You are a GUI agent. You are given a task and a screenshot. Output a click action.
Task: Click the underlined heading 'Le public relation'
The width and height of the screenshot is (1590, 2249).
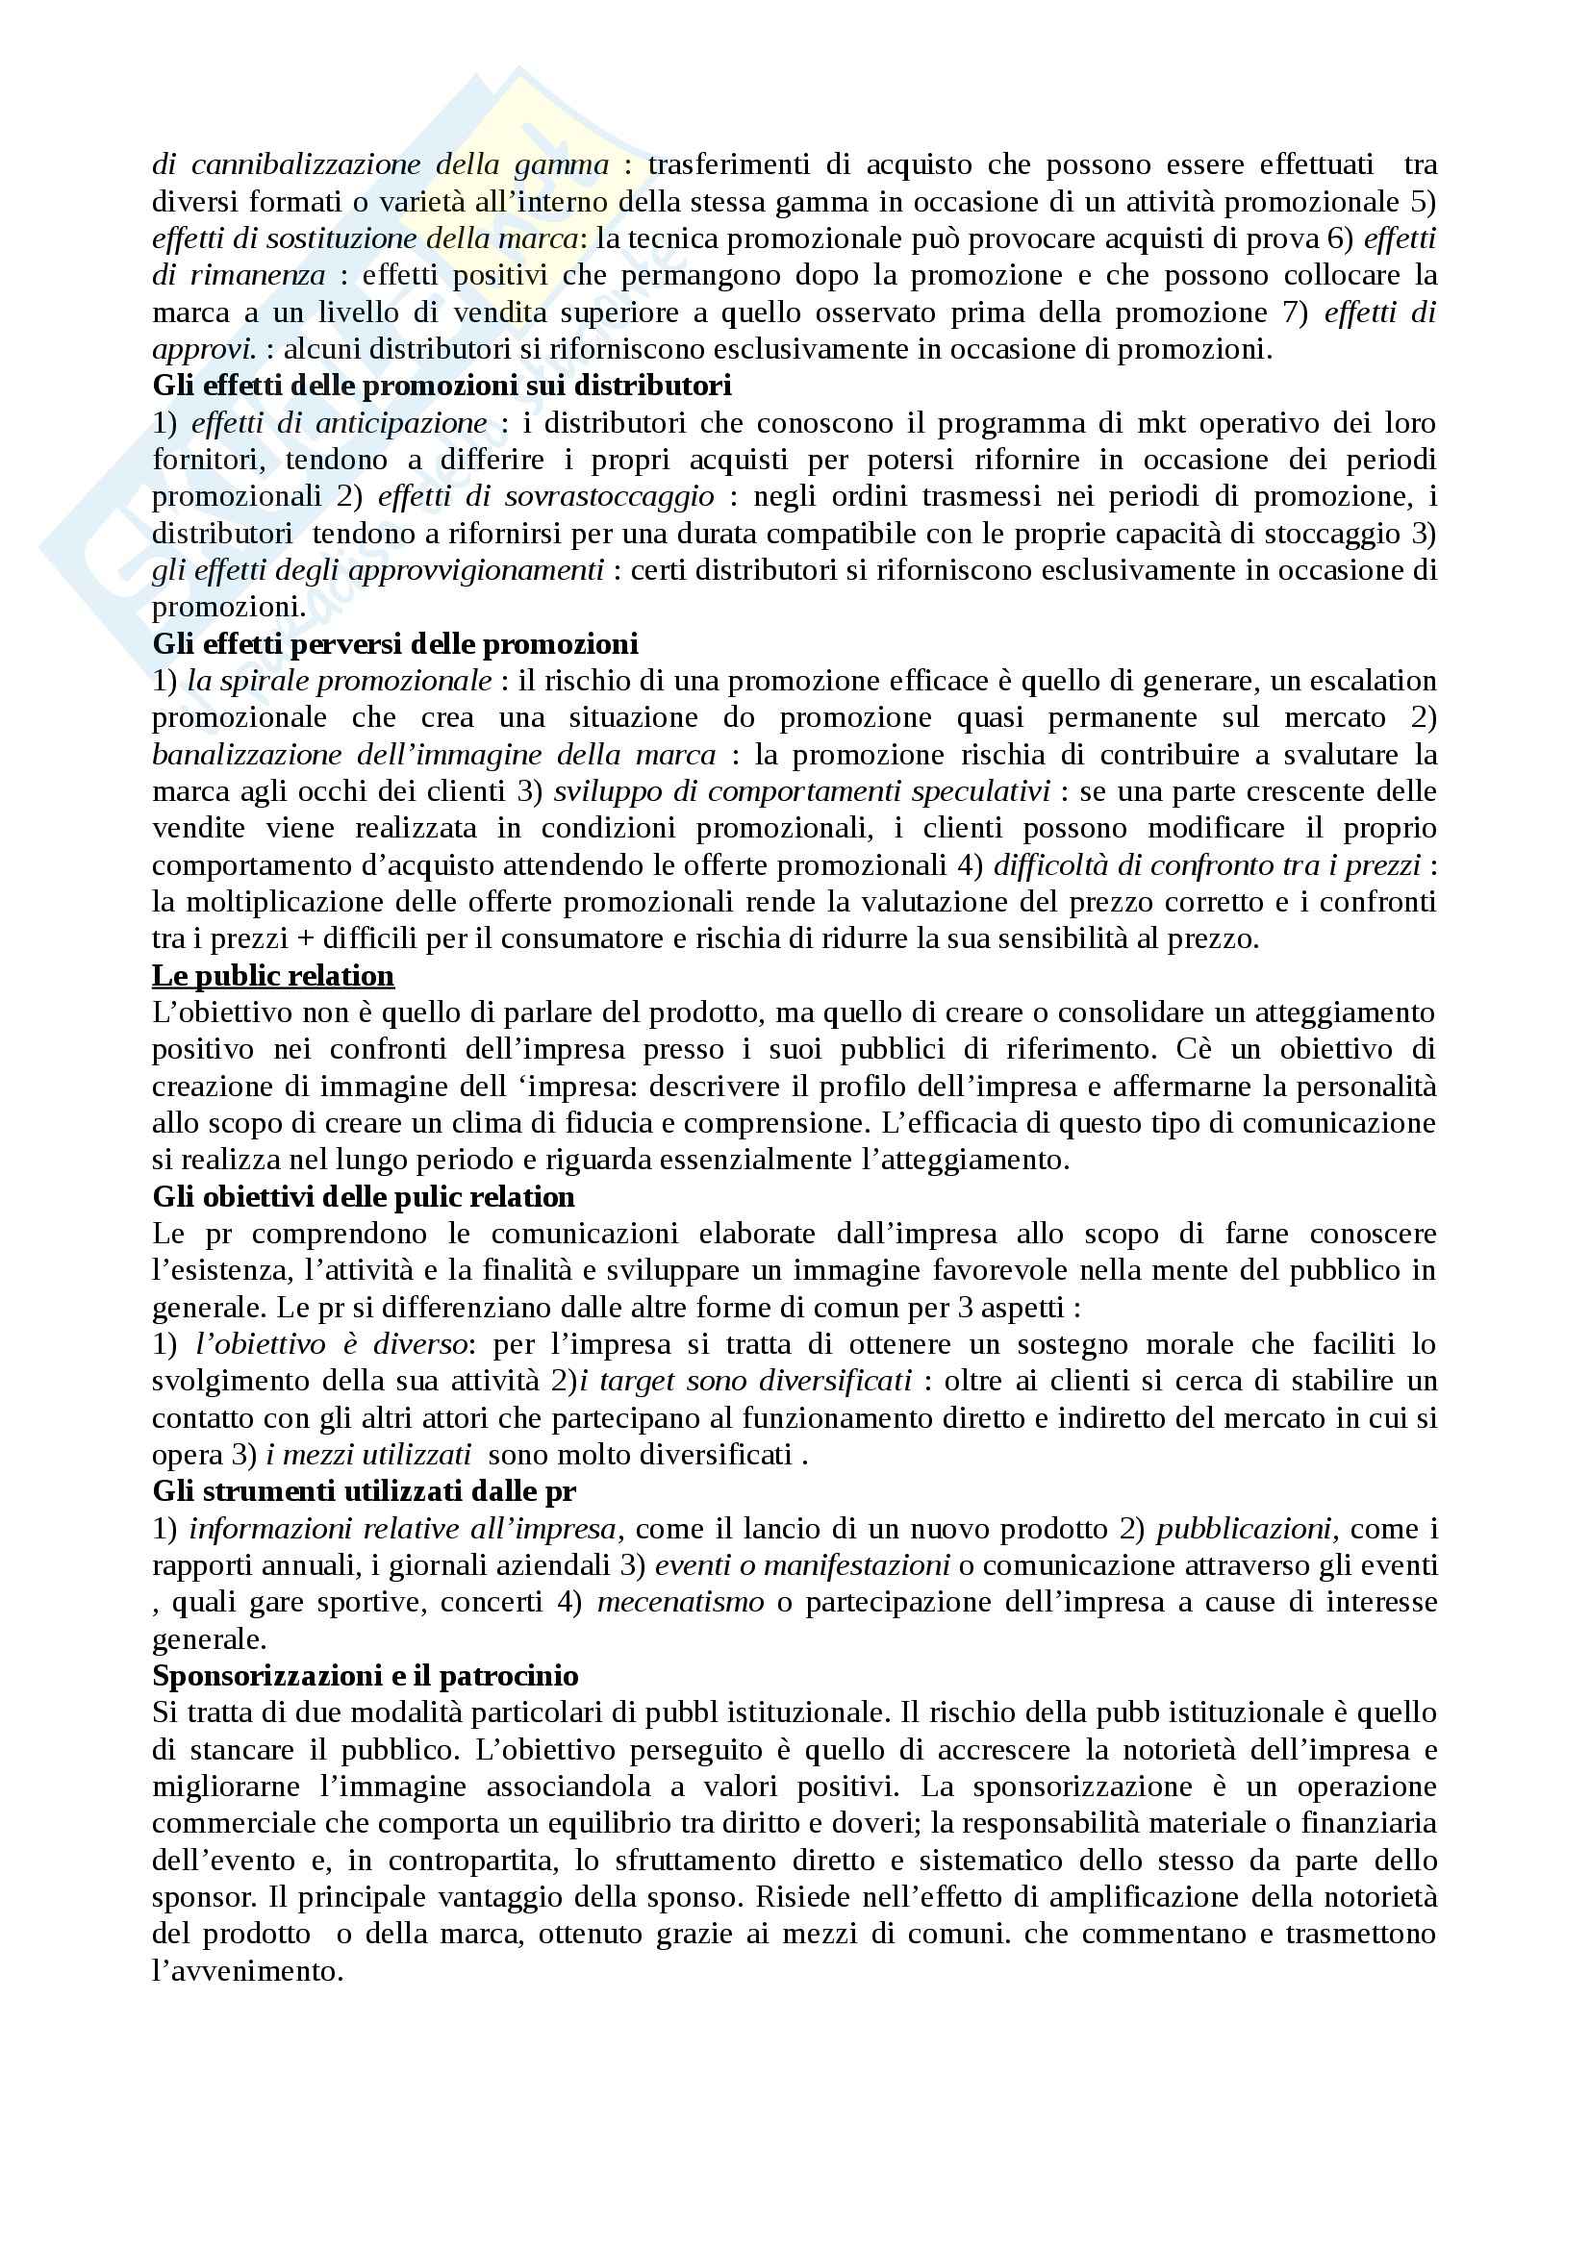(x=273, y=976)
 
